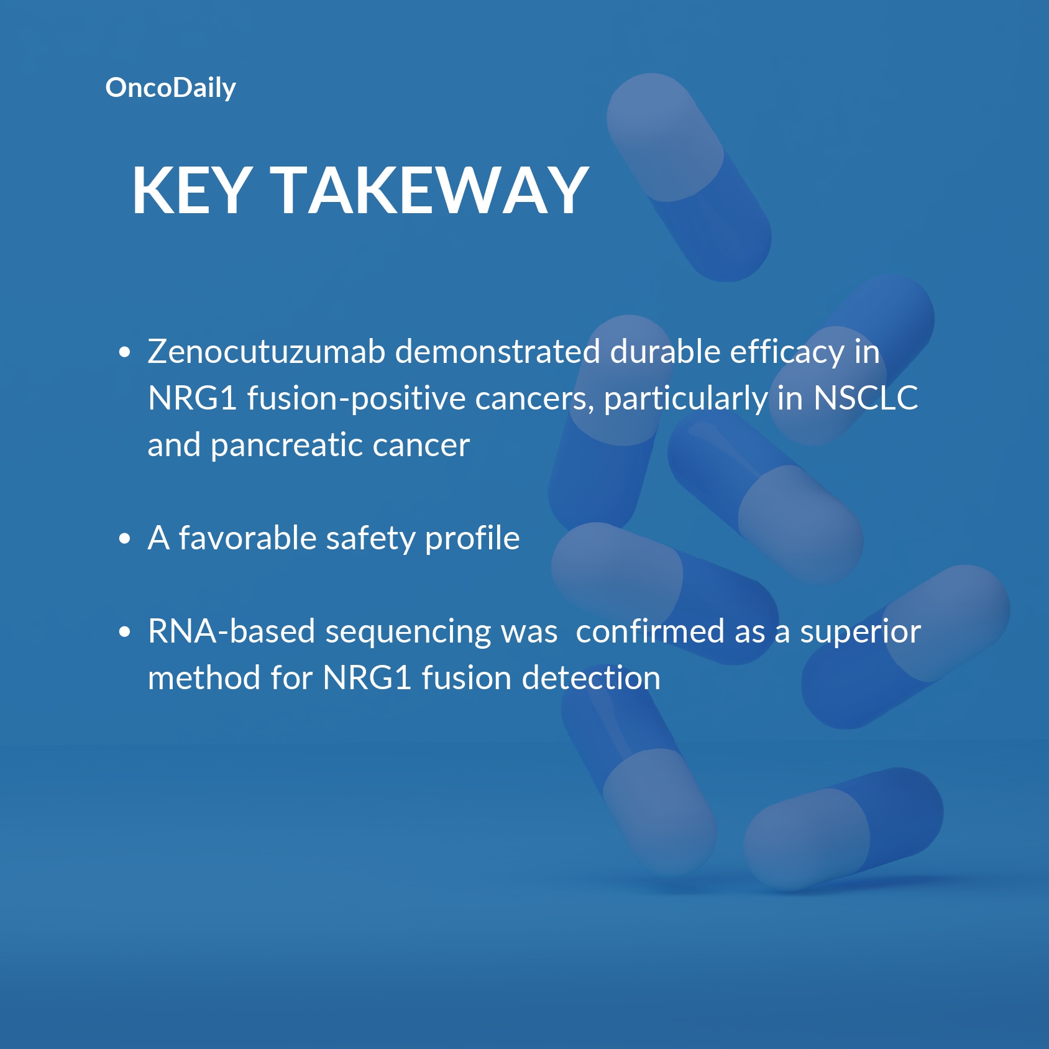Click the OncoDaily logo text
click(171, 88)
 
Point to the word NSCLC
click(866, 398)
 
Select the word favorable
click(247, 538)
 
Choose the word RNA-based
click(232, 631)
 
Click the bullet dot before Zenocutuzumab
click(125, 352)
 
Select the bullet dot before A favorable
click(125, 539)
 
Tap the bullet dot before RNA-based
click(125, 632)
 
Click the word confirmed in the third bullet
click(650, 631)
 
